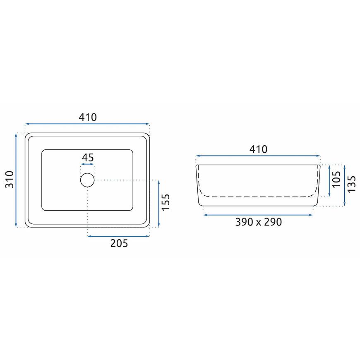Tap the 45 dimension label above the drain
tap(88, 158)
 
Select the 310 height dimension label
tap(10, 180)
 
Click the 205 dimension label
tap(119, 243)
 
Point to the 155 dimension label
tap(166, 202)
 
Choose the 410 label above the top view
tap(88, 118)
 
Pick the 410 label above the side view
tap(259, 149)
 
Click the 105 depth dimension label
tap(336, 179)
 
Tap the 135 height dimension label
tap(351, 184)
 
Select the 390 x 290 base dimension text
tap(259, 222)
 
